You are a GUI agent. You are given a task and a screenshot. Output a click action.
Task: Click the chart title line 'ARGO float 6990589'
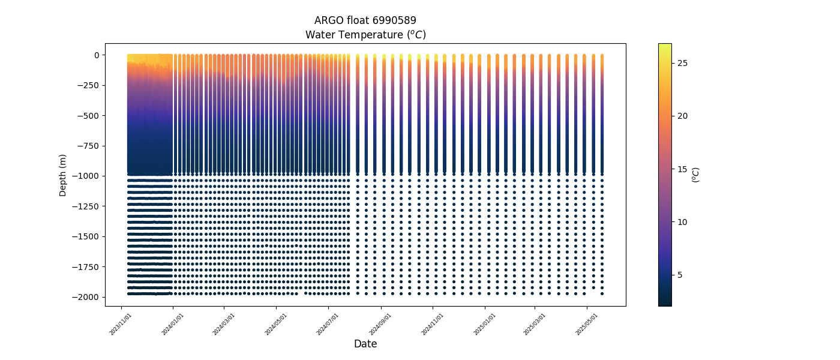coord(365,20)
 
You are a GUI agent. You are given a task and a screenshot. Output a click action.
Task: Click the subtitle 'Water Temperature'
coord(354,35)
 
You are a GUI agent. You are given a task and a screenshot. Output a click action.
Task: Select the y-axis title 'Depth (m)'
coord(62,175)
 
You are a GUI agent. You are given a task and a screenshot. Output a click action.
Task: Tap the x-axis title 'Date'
coord(365,343)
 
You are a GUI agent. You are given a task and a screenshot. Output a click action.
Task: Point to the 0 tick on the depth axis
coord(97,55)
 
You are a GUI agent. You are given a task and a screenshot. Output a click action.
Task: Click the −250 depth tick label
coord(89,85)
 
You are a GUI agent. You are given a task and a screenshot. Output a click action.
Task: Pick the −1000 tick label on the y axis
coord(86,176)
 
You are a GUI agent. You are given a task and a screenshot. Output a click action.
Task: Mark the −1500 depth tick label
coord(86,236)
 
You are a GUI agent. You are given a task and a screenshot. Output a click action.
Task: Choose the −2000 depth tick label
coord(86,298)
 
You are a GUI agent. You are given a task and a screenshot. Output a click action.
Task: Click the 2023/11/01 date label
coord(121,325)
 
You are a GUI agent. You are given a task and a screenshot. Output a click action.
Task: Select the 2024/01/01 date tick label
coord(173,325)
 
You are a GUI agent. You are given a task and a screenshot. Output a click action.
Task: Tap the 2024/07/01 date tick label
coord(328,325)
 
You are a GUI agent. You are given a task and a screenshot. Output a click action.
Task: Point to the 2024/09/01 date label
coord(380,325)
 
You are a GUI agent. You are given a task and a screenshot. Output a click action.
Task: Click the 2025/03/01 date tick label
coord(535,325)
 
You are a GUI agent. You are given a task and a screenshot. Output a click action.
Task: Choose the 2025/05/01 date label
coord(587,325)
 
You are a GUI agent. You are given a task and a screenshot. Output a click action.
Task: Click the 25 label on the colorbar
coord(683,64)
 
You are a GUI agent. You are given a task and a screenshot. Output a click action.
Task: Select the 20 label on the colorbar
coord(683,116)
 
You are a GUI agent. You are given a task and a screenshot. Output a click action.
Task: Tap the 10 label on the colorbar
coord(683,223)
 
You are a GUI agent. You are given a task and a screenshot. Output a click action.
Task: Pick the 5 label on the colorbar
coord(680,275)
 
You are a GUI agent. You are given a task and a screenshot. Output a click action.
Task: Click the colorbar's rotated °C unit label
coord(695,175)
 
